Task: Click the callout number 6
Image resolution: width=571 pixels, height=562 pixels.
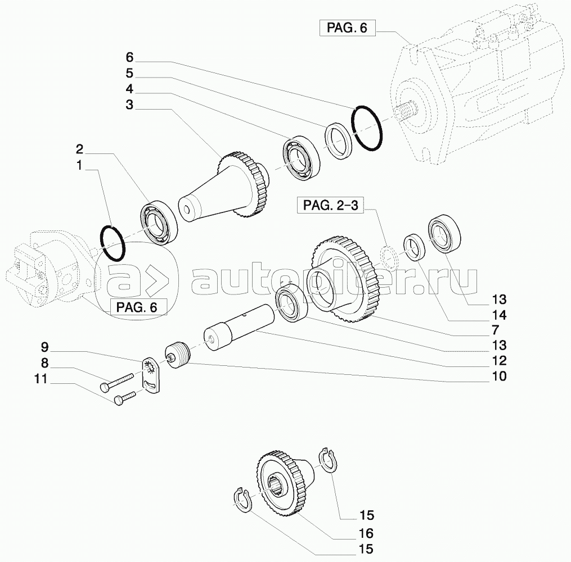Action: point(129,57)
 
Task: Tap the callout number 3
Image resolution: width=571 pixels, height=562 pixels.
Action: point(129,105)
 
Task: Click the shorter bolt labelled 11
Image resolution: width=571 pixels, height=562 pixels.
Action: point(125,398)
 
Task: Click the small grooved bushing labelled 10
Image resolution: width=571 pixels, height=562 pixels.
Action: point(178,356)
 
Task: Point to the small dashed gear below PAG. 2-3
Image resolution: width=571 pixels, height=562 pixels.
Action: point(389,255)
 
